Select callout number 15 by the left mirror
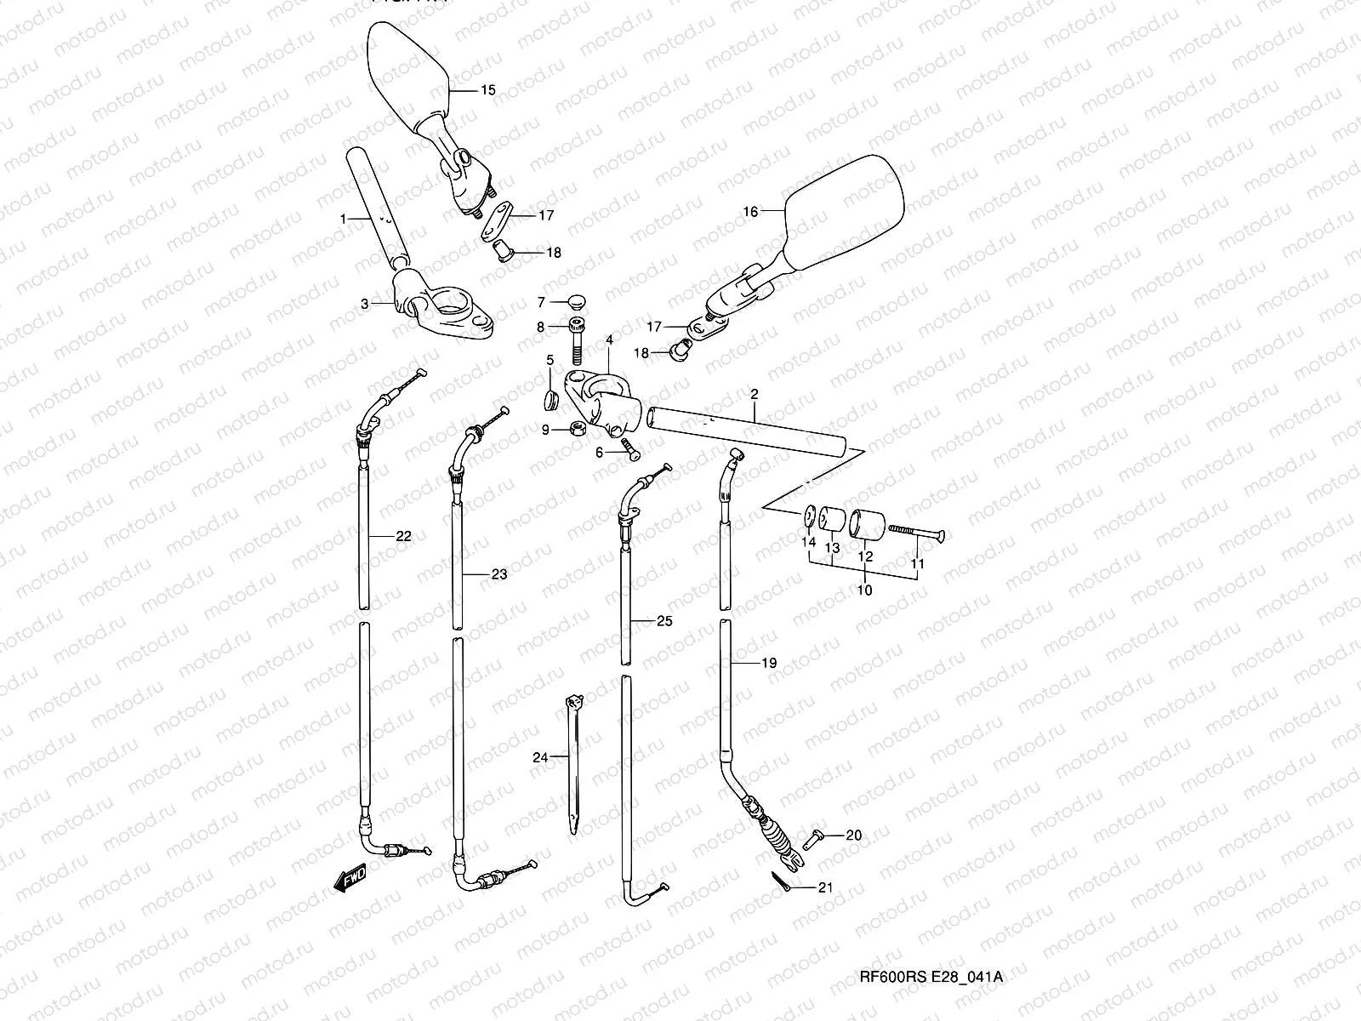487,89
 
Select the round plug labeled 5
550,400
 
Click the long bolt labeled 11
915,532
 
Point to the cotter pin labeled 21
784,881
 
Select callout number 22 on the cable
403,536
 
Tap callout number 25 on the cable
664,621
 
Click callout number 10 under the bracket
864,590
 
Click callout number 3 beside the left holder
365,303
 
